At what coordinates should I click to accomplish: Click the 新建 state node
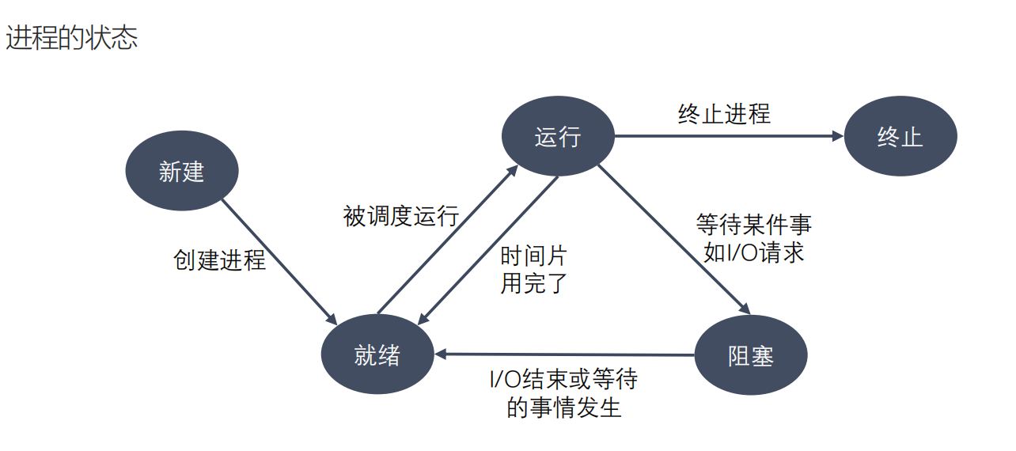click(181, 171)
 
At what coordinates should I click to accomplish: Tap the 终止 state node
click(900, 136)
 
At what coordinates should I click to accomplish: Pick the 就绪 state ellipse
click(377, 355)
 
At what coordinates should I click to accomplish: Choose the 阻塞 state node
click(750, 355)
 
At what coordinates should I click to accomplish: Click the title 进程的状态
click(72, 37)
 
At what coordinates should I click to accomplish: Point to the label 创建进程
click(219, 260)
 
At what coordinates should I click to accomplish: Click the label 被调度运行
click(400, 215)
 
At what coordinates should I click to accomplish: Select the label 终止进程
click(724, 114)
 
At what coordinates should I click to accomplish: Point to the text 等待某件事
click(753, 225)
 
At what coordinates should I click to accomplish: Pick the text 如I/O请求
click(753, 252)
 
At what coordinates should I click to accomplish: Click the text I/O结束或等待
click(563, 380)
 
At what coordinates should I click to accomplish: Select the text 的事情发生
click(563, 407)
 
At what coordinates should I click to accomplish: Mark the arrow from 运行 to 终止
click(728, 136)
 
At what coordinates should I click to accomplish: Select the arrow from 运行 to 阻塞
click(673, 237)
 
